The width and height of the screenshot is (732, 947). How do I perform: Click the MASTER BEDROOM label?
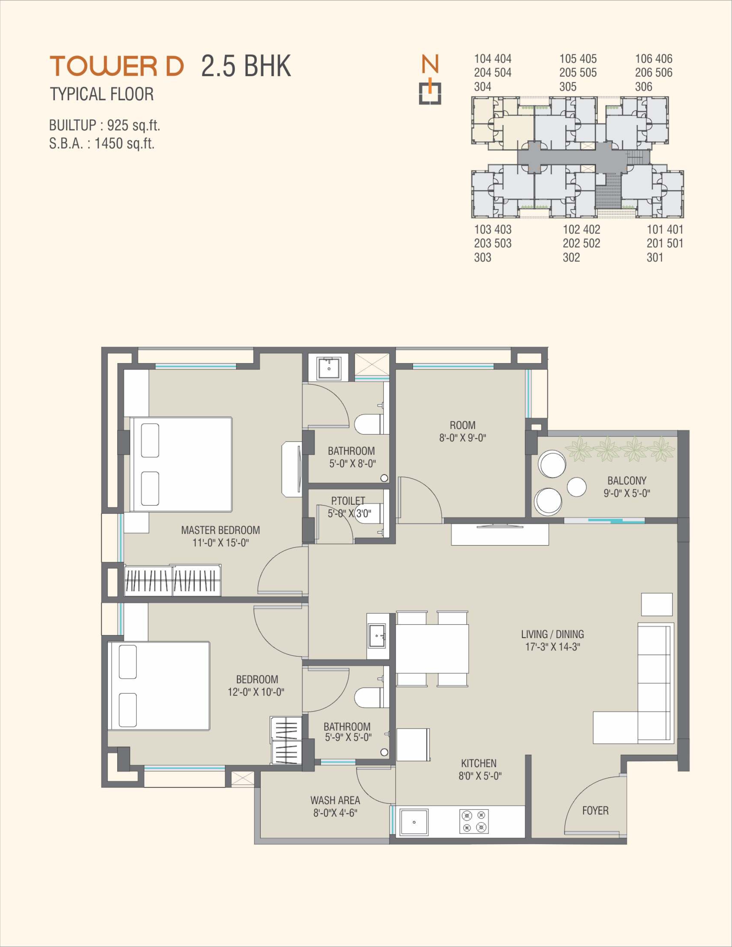pyautogui.click(x=220, y=530)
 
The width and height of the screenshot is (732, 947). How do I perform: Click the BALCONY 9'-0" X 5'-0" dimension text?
pyautogui.click(x=626, y=493)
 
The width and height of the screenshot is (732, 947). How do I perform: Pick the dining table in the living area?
pyautogui.click(x=432, y=648)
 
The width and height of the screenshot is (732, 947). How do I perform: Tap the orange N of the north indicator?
pyautogui.click(x=431, y=64)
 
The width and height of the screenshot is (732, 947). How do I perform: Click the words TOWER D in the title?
pyautogui.click(x=117, y=66)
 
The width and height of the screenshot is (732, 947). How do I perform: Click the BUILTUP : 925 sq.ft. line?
pyautogui.click(x=104, y=125)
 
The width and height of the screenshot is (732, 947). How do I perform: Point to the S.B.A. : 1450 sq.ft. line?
pyautogui.click(x=102, y=143)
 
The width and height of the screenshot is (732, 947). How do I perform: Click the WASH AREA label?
pyautogui.click(x=335, y=800)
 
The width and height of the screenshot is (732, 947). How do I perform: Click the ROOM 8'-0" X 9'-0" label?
pyautogui.click(x=462, y=431)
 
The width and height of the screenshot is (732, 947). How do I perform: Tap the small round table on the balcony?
pyautogui.click(x=577, y=487)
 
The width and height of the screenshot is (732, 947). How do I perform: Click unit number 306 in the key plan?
pyautogui.click(x=644, y=87)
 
